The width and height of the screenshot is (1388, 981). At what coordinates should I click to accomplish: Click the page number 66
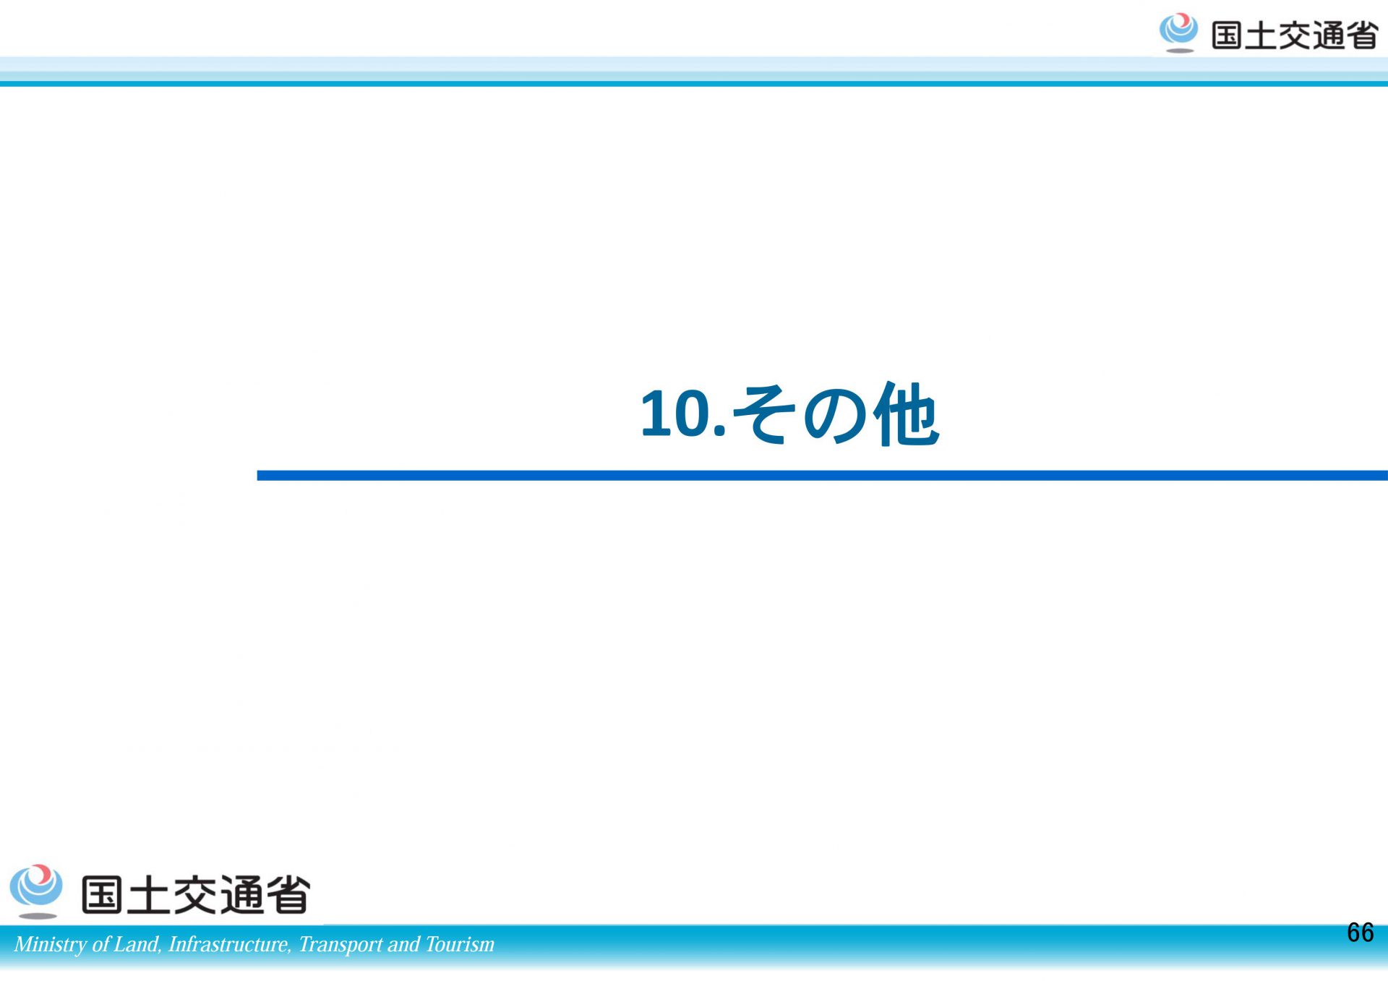1360,933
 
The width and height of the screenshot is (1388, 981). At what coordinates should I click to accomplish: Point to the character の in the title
834,414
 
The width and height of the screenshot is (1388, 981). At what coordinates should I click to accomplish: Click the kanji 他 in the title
906,414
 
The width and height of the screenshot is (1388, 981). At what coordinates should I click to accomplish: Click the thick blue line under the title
822,475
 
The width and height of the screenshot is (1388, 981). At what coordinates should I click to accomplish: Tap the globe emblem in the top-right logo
1178,33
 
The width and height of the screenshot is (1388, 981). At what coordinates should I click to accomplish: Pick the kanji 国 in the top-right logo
1227,35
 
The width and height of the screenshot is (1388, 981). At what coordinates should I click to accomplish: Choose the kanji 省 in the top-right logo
1361,35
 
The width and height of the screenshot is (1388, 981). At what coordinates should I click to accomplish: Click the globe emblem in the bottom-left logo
36,891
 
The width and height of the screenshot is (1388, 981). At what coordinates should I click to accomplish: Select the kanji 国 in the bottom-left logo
101,894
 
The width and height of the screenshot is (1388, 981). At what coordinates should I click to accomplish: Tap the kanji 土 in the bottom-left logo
147,894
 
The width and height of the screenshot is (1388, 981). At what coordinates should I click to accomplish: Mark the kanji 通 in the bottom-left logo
241,894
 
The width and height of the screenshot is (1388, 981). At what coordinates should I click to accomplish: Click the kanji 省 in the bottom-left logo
288,894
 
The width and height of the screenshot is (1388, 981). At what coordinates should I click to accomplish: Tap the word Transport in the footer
340,945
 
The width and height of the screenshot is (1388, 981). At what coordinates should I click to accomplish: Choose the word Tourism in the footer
460,944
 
